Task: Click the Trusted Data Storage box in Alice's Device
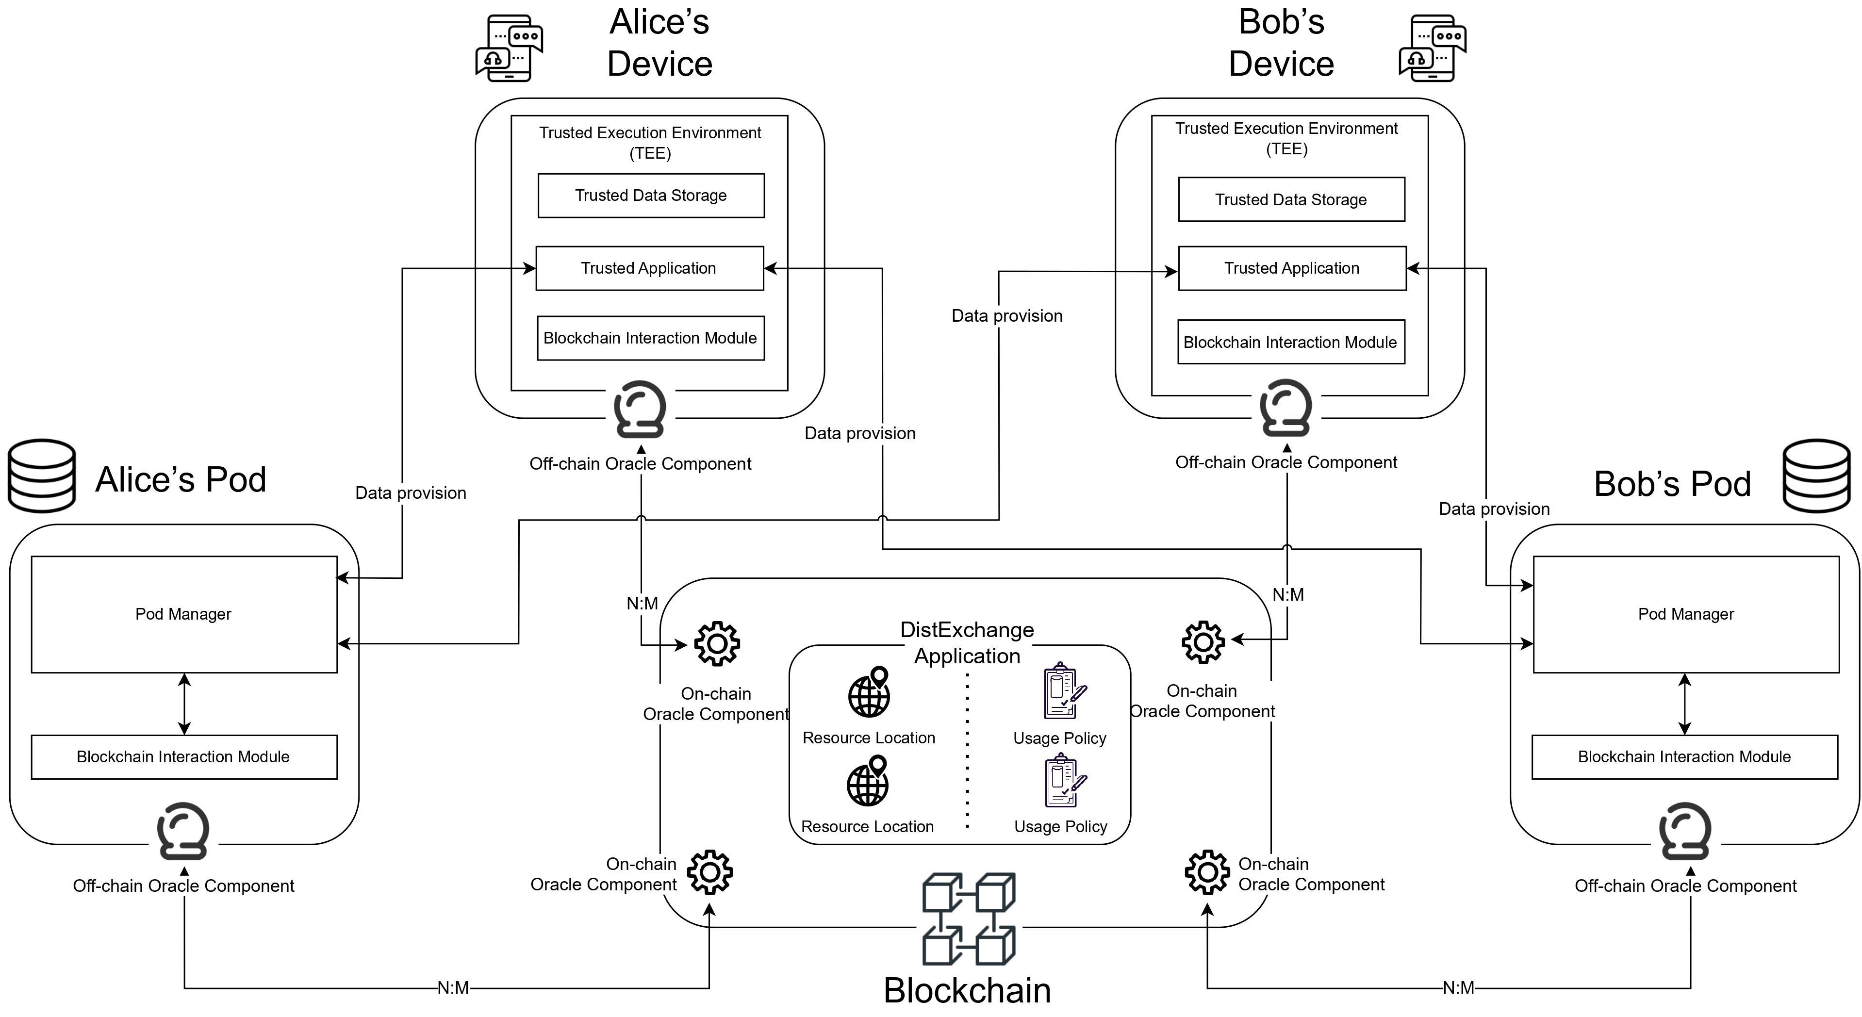[x=651, y=195]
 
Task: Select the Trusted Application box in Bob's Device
[x=1292, y=268]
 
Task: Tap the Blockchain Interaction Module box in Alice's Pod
[x=183, y=757]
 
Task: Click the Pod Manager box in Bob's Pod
[x=1686, y=614]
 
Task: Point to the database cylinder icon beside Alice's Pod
[x=42, y=476]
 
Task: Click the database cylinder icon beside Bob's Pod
[x=1816, y=476]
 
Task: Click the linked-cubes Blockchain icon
[x=969, y=919]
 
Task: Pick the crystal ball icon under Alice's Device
[x=640, y=409]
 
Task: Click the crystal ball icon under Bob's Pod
[x=1685, y=831]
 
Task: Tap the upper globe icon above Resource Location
[x=869, y=692]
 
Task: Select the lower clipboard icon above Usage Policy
[x=1065, y=781]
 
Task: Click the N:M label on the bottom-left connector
[x=453, y=987]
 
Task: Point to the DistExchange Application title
[x=967, y=642]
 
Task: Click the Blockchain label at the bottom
[x=967, y=990]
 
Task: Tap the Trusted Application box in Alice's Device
[x=650, y=268]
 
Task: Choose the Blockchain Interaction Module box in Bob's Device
[x=1291, y=342]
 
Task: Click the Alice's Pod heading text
[x=181, y=479]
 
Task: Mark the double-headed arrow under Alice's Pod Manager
[x=184, y=704]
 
